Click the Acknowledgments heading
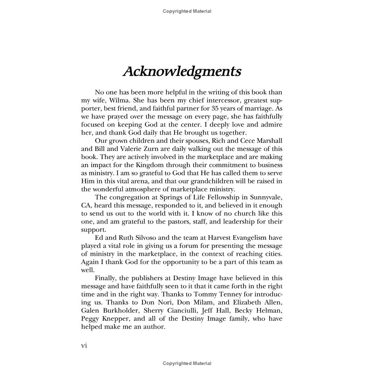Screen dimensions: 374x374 [x=182, y=72]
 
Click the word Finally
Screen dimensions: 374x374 [x=106, y=278]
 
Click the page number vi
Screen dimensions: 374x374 [x=84, y=346]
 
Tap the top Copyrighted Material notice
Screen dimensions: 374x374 [x=187, y=11]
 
